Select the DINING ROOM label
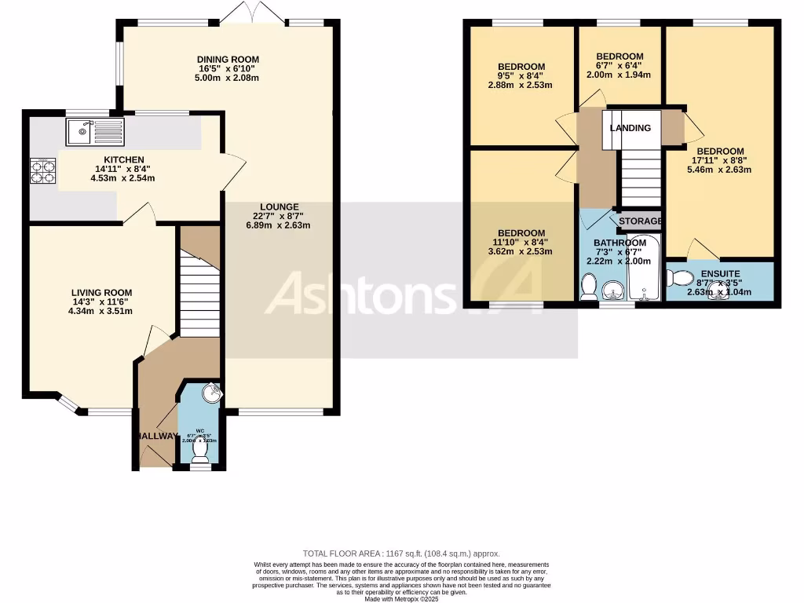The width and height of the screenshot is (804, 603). click(228, 60)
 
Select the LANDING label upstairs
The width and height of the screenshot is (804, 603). click(630, 128)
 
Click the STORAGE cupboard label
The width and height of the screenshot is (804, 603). click(640, 221)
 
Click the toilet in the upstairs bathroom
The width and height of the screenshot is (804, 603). click(588, 288)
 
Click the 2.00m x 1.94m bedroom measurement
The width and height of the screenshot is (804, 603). click(619, 75)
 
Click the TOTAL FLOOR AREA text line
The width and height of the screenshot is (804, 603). click(401, 554)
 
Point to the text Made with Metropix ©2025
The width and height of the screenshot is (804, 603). click(401, 599)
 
